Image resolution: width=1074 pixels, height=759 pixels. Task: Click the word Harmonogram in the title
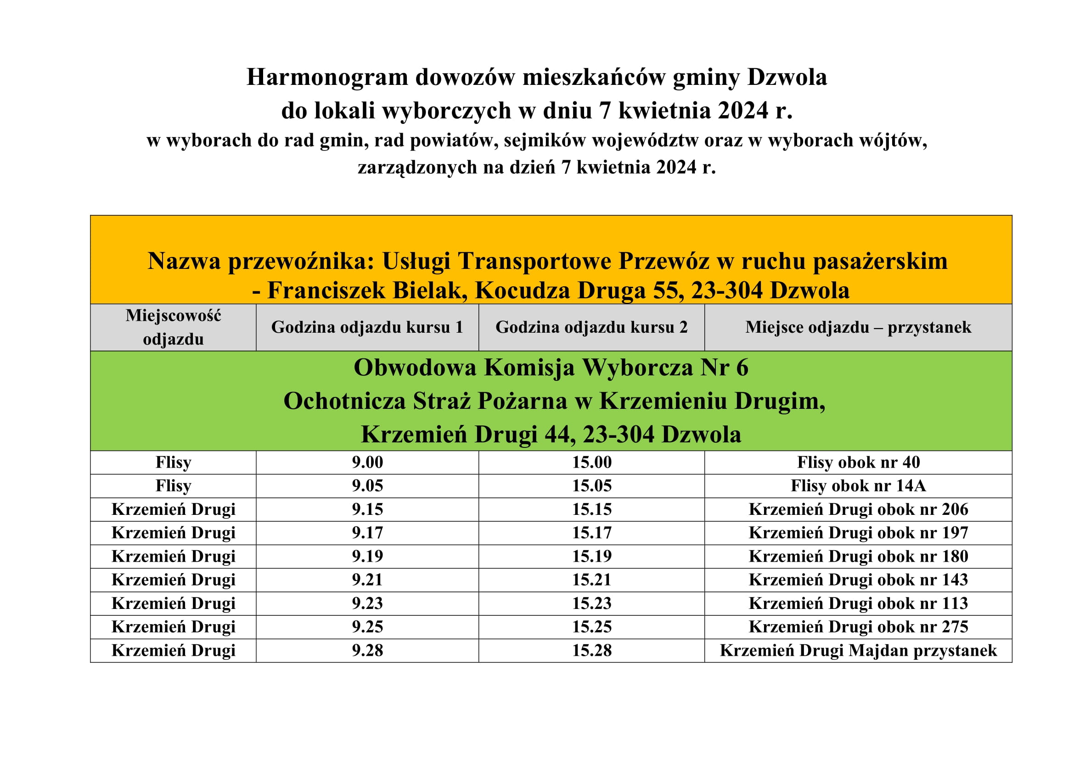click(x=326, y=77)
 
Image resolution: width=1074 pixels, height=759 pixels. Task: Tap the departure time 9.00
click(x=367, y=462)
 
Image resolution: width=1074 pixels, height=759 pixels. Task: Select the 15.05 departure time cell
click(x=591, y=486)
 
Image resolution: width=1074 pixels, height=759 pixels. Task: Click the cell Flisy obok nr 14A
click(x=858, y=486)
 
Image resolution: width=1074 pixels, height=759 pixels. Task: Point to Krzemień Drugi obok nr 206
click(x=858, y=509)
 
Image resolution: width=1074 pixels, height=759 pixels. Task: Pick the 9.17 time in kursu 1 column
click(x=367, y=533)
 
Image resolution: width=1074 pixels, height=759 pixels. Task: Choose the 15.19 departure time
click(x=591, y=556)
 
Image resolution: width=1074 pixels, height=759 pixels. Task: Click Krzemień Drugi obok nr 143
click(x=858, y=580)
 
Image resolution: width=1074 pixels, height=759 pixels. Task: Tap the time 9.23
click(x=367, y=603)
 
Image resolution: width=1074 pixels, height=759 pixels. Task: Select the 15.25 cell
click(x=591, y=627)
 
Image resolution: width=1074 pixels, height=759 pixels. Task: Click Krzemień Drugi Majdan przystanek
click(x=858, y=650)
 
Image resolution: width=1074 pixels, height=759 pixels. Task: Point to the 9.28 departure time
click(x=367, y=650)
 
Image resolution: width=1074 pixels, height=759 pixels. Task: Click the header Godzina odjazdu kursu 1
click(x=367, y=327)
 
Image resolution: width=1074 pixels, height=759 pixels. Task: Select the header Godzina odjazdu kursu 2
click(x=591, y=327)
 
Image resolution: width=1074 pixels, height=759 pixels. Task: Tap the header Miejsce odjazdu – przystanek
click(x=858, y=327)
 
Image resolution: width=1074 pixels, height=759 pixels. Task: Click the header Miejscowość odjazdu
click(x=173, y=327)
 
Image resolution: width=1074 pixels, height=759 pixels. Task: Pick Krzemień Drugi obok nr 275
click(x=858, y=627)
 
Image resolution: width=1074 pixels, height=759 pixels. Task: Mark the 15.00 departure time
click(x=591, y=462)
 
